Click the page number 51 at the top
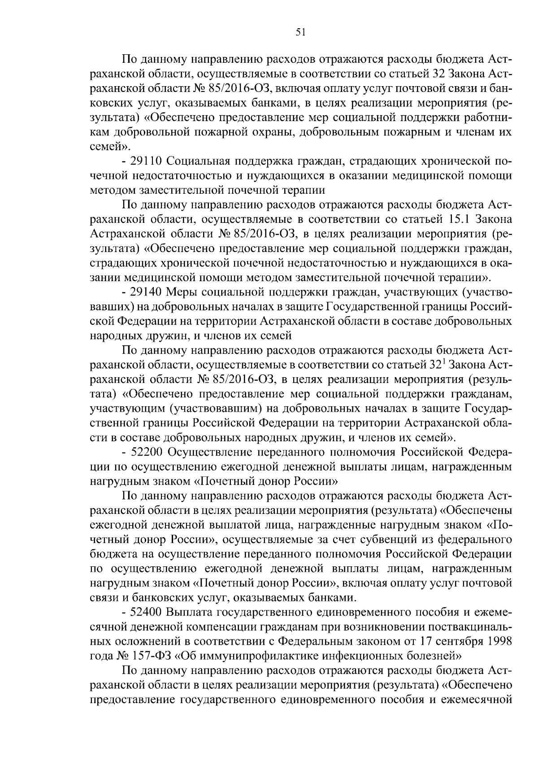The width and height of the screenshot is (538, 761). coord(301,32)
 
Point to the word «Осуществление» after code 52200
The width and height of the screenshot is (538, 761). coord(209,452)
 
